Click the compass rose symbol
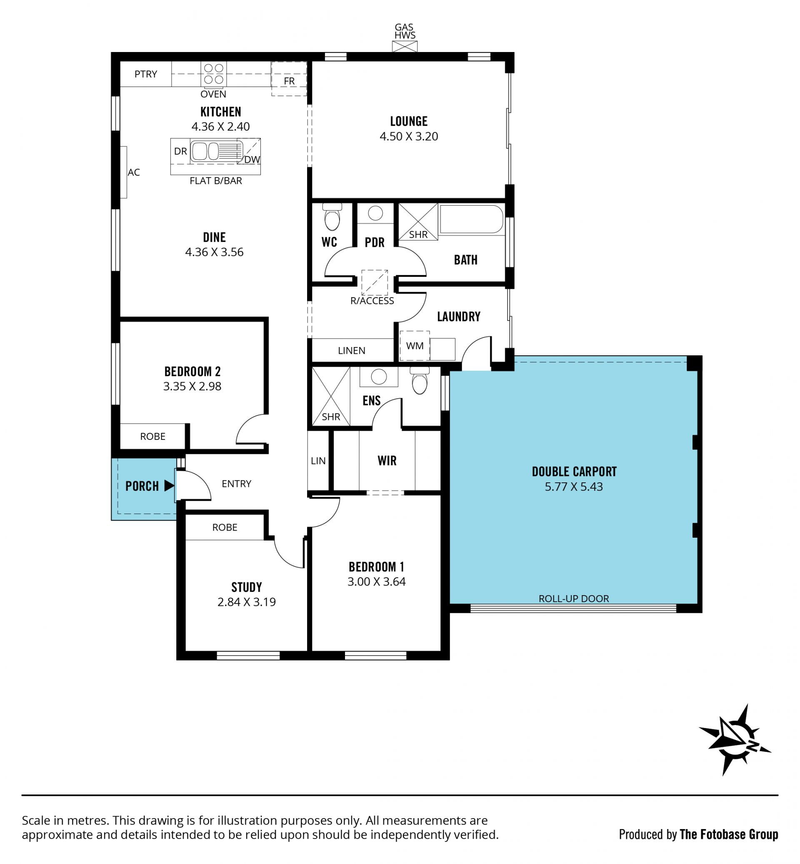pos(735,740)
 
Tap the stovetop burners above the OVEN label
pos(213,74)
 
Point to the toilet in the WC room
pos(332,217)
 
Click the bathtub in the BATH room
pos(471,219)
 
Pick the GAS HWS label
pos(405,31)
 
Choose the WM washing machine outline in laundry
pos(415,346)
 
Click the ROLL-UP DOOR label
pos(574,598)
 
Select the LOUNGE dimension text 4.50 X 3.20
pos(409,136)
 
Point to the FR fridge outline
pos(289,79)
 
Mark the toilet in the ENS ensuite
pos(420,380)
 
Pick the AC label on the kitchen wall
pos(134,172)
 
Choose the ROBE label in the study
pos(225,527)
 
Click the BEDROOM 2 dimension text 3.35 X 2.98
pos(192,386)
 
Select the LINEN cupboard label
pos(352,350)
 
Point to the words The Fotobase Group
pos(729,834)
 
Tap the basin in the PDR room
pos(375,213)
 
